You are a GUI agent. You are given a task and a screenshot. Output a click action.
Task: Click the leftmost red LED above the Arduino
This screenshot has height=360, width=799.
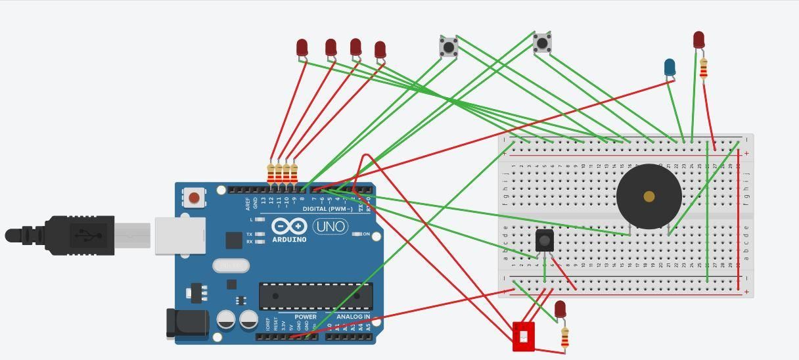(302, 47)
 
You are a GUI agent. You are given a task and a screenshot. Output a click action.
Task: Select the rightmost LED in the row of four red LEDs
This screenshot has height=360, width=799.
(380, 50)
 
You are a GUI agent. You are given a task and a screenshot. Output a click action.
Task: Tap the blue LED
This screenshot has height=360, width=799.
(670, 67)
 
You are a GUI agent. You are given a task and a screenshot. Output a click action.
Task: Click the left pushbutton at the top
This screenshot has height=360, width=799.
(449, 47)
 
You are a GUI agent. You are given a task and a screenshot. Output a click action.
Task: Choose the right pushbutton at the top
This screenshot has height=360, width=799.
(542, 43)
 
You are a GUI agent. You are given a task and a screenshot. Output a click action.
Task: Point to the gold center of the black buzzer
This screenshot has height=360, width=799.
(649, 196)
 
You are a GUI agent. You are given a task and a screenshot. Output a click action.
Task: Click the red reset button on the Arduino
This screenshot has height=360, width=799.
(194, 197)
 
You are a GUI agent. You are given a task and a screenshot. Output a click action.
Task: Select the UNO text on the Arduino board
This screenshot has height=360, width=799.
(331, 227)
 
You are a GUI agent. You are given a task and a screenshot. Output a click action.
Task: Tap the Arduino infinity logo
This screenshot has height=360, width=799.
(290, 227)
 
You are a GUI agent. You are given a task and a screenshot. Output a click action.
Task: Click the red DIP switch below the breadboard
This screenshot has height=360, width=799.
(523, 336)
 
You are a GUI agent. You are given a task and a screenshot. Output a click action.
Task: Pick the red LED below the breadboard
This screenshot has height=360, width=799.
(560, 309)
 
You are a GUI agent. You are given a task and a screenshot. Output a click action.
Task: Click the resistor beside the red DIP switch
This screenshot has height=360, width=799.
(565, 337)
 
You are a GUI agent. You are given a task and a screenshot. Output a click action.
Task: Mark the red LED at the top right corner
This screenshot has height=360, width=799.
(698, 40)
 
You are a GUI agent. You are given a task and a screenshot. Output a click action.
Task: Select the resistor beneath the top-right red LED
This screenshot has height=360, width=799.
(704, 68)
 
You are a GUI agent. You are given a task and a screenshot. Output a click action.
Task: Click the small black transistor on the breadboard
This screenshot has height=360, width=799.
(545, 240)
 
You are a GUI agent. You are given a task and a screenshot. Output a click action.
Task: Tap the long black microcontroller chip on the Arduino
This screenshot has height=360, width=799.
(315, 296)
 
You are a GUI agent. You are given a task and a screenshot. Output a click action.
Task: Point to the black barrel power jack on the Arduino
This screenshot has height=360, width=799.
(186, 323)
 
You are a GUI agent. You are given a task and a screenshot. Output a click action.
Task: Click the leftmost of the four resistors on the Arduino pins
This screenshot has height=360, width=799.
(271, 173)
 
